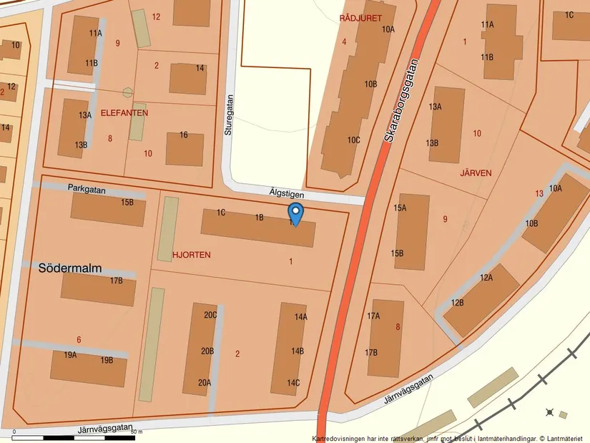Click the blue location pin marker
point(295,213)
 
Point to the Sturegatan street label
point(229,115)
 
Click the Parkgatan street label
point(87,190)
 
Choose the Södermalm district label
point(71,268)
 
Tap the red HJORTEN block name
point(192,254)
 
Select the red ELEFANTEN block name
point(124,113)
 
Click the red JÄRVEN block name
point(476,172)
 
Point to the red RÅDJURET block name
point(361,18)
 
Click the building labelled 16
point(185,148)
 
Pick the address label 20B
point(207,351)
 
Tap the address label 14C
point(293,383)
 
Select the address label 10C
point(353,140)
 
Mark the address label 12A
point(486,278)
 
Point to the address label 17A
point(373,316)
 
